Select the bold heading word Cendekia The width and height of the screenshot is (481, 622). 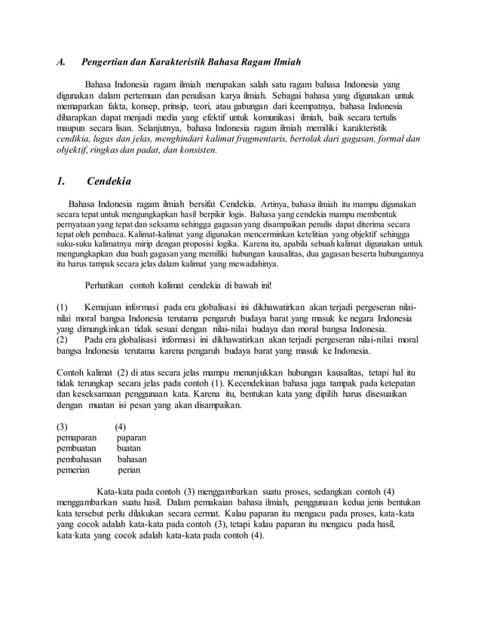109,181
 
